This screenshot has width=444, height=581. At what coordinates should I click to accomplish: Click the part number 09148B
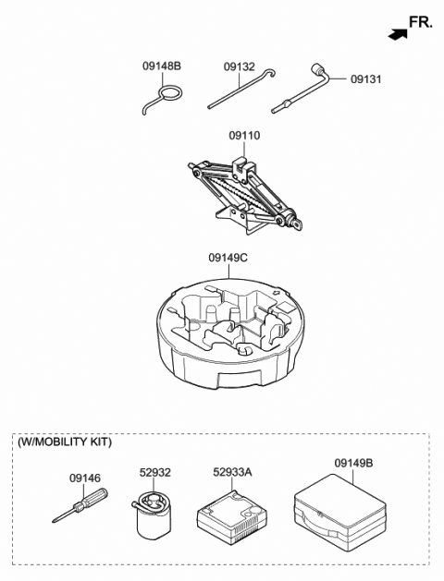point(162,67)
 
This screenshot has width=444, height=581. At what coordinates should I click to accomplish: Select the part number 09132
point(239,67)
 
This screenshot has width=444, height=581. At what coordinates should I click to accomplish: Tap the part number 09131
point(367,79)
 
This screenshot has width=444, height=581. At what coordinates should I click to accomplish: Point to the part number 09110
point(244,136)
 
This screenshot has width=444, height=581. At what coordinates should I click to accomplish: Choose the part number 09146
point(84,478)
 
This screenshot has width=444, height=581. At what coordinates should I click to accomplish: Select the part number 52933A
point(233,472)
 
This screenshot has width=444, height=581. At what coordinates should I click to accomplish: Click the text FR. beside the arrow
point(421,22)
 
